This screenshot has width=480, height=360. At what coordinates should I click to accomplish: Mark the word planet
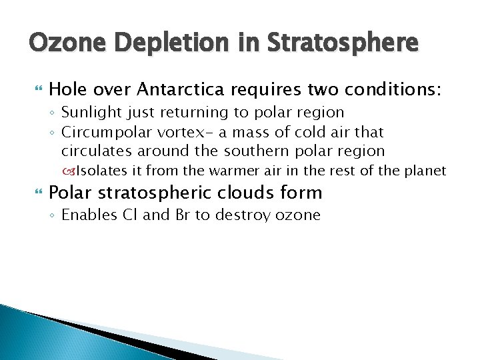coord(425,171)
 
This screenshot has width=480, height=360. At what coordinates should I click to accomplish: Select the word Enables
coord(87,215)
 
